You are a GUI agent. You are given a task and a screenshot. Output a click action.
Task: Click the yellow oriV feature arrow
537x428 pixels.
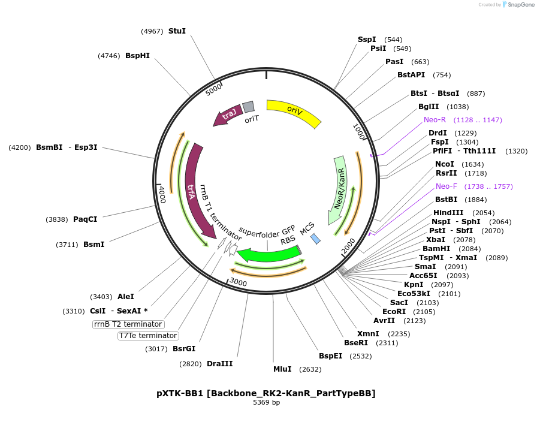294,111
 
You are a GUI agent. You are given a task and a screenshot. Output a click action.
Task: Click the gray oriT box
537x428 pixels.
249,107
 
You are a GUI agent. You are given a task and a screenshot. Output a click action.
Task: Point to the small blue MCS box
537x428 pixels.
315,239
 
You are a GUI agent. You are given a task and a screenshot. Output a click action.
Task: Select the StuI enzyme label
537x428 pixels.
177,31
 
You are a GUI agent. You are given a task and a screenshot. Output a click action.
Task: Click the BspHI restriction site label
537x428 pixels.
137,56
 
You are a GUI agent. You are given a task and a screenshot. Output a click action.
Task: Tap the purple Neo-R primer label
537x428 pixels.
435,119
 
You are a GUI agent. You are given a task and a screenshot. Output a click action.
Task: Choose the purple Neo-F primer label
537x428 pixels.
447,186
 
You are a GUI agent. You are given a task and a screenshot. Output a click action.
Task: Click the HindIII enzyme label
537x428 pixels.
448,213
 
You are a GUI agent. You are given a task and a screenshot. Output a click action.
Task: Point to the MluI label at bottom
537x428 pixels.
282,369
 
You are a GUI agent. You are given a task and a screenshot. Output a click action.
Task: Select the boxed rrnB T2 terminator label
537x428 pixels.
128,324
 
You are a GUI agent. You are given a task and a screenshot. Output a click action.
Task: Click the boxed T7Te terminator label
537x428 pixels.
147,336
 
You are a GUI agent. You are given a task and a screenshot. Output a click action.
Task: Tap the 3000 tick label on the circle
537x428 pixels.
238,282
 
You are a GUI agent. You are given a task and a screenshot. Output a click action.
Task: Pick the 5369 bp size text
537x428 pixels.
266,403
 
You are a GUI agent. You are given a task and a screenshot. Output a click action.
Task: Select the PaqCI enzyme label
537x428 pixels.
85,219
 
